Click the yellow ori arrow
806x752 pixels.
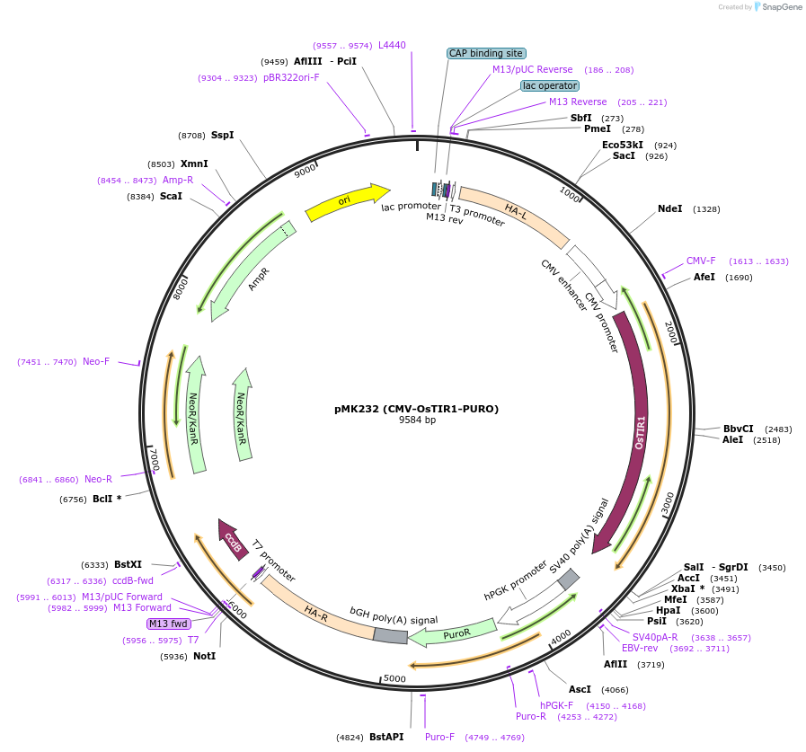pyautogui.click(x=347, y=201)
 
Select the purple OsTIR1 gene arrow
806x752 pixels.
pyautogui.click(x=640, y=431)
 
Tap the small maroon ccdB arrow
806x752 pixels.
pyautogui.click(x=234, y=540)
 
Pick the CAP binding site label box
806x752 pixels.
pyautogui.click(x=485, y=53)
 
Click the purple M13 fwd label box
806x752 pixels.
pyautogui.click(x=168, y=624)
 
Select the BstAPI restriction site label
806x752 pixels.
pyautogui.click(x=385, y=737)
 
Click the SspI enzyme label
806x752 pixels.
pyautogui.click(x=222, y=135)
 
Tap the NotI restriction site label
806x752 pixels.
pyautogui.click(x=204, y=656)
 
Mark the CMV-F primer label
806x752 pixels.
pyautogui.click(x=701, y=261)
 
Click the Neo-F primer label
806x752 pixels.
pyautogui.click(x=96, y=361)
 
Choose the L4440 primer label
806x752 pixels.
pyautogui.click(x=392, y=45)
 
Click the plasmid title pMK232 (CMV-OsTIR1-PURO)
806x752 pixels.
pyautogui.click(x=416, y=409)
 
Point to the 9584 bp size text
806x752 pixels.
pyautogui.click(x=417, y=420)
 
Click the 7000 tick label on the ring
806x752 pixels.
pyautogui.click(x=155, y=458)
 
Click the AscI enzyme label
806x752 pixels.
pyautogui.click(x=580, y=689)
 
